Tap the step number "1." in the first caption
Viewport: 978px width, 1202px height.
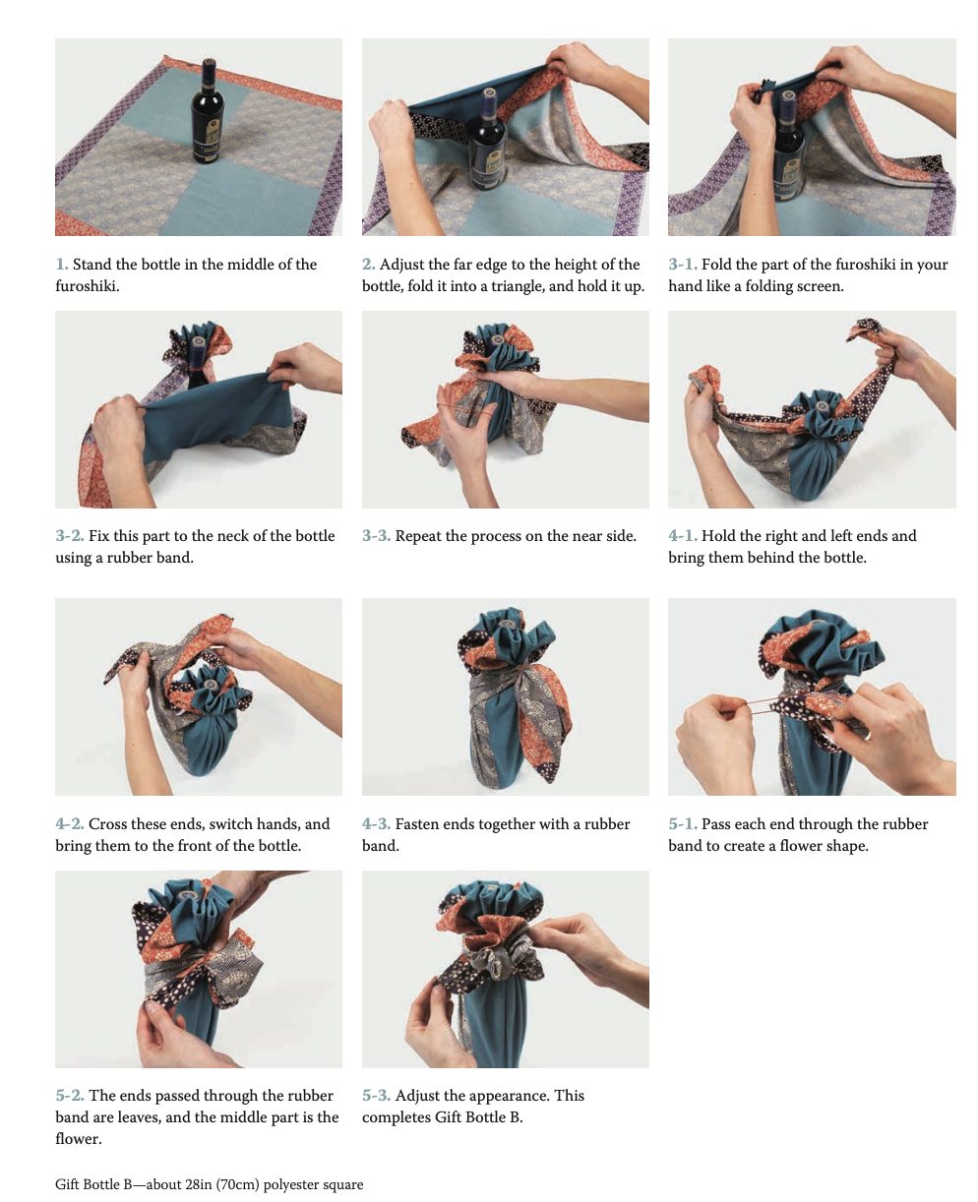click(62, 264)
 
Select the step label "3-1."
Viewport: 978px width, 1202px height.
click(683, 264)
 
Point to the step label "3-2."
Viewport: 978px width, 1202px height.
click(70, 535)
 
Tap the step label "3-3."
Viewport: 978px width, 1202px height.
click(376, 535)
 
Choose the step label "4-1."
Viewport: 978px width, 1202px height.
click(683, 535)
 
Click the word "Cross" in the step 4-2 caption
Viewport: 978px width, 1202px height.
click(107, 824)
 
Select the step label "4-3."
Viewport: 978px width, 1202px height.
click(376, 824)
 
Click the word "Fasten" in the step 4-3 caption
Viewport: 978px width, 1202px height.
click(417, 824)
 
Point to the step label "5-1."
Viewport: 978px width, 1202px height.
click(683, 824)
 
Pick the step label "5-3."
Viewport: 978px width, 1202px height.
click(376, 1096)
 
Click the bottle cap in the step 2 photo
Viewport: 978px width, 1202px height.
click(489, 94)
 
